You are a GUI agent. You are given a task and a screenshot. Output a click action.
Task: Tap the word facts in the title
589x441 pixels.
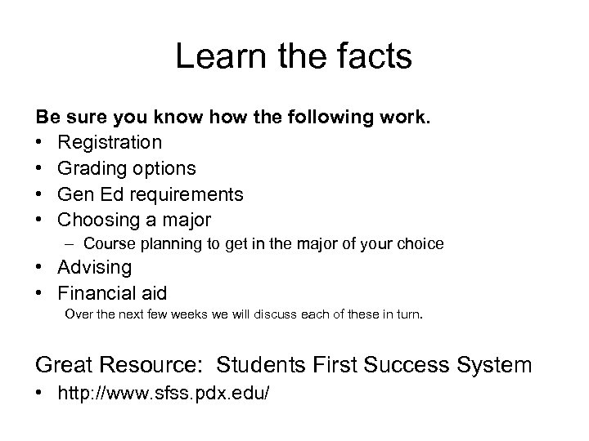(373, 57)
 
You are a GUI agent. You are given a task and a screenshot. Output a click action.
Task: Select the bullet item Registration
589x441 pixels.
(110, 142)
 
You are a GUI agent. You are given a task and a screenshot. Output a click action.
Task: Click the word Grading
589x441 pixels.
(89, 168)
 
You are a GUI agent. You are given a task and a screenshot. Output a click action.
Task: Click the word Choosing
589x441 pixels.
(96, 220)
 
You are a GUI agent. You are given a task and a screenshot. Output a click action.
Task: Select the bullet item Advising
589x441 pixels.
(96, 267)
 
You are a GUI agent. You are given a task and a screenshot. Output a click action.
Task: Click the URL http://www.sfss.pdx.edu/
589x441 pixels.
(164, 394)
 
